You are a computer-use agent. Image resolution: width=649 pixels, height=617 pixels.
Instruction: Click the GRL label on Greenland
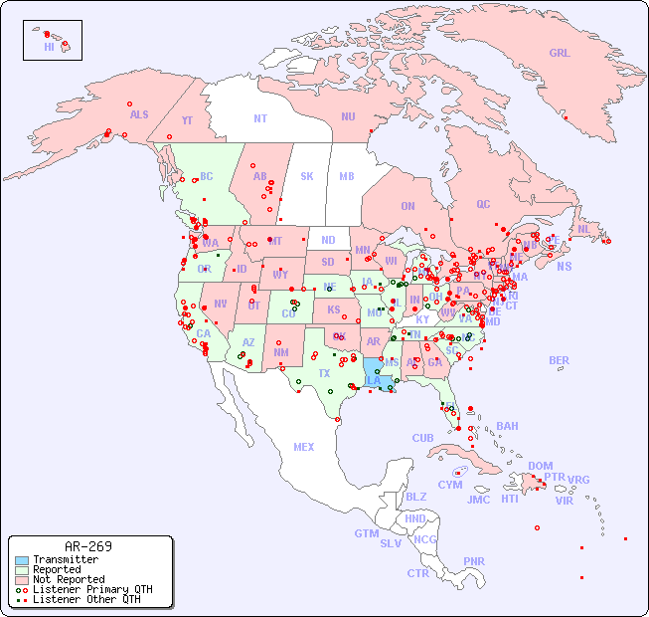tap(560, 54)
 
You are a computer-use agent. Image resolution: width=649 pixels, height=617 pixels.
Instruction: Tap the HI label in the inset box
tap(49, 47)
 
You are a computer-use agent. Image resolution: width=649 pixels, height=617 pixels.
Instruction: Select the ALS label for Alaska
tap(139, 114)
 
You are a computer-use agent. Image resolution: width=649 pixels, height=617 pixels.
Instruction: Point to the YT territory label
tap(187, 120)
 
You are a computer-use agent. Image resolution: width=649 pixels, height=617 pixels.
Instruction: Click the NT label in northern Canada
tap(260, 118)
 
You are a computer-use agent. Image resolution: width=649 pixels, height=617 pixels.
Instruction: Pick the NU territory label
tap(348, 116)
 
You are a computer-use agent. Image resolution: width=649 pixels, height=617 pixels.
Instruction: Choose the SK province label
tap(307, 176)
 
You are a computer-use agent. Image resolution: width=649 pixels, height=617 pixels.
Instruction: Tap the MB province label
tap(347, 176)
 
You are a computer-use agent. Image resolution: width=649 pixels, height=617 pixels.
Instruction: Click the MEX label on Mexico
tap(304, 447)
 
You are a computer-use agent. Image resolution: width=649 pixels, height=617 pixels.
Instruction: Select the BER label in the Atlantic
tap(560, 360)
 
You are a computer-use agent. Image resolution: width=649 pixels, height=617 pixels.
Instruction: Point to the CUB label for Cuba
tap(423, 438)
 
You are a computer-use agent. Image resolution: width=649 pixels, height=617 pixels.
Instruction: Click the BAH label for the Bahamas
tap(507, 426)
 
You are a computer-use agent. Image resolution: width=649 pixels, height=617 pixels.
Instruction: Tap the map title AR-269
tap(88, 546)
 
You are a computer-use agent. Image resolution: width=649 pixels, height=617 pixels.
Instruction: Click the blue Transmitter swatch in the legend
tap(22, 560)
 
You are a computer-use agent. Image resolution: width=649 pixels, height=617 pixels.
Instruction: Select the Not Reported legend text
tap(69, 579)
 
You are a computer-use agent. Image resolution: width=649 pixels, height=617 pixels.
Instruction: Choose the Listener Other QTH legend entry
tap(86, 599)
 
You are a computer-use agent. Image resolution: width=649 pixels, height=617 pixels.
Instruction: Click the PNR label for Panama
tap(474, 561)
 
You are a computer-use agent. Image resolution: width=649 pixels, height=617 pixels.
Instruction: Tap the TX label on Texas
tap(324, 373)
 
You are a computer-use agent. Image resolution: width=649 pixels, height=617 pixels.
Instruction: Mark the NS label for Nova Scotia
tap(565, 266)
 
